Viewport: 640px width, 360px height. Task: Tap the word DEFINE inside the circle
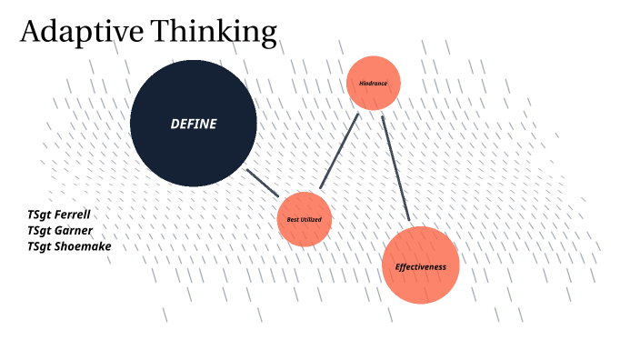[x=194, y=125]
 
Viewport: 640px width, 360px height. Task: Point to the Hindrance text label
[x=374, y=83]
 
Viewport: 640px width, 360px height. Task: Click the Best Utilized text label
[x=304, y=220]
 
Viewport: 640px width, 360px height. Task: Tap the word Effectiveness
[x=420, y=267]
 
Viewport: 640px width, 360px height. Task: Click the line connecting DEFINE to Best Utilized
[x=264, y=183]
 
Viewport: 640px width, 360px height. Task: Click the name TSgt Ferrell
[x=59, y=215]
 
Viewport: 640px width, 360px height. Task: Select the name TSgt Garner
[x=60, y=231]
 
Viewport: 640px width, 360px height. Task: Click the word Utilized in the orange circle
[x=311, y=220]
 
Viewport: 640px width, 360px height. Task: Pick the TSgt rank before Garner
[x=39, y=231]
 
